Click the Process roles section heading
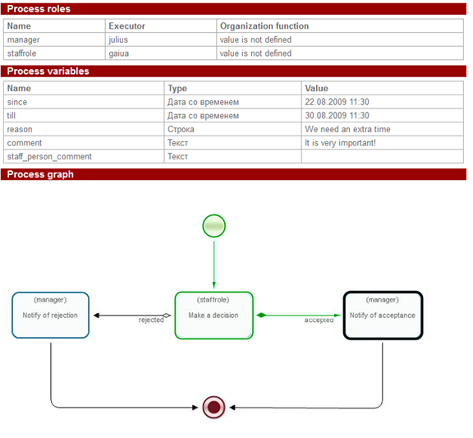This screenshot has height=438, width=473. click(x=39, y=9)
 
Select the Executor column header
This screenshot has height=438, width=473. click(x=126, y=26)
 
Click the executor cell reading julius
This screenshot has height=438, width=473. click(x=118, y=39)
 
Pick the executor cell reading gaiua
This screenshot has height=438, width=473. click(x=118, y=53)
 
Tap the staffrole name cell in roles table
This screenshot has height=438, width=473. click(x=22, y=53)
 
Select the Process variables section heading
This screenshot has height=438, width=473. click(x=48, y=71)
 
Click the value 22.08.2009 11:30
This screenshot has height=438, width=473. click(x=337, y=102)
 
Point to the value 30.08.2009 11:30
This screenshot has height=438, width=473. click(x=337, y=116)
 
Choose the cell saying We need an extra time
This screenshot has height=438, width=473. click(x=347, y=129)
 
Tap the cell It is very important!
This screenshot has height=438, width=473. click(x=340, y=143)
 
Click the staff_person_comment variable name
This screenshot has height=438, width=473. click(x=49, y=156)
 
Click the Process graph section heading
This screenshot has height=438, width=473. click(x=40, y=174)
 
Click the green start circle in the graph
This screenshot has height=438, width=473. click(x=214, y=225)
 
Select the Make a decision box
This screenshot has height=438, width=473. click(x=214, y=315)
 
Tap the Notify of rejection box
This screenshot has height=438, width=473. click(x=51, y=315)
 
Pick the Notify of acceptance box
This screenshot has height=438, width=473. click(x=382, y=315)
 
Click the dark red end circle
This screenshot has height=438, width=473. click(x=214, y=406)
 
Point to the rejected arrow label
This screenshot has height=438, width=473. click(x=150, y=320)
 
